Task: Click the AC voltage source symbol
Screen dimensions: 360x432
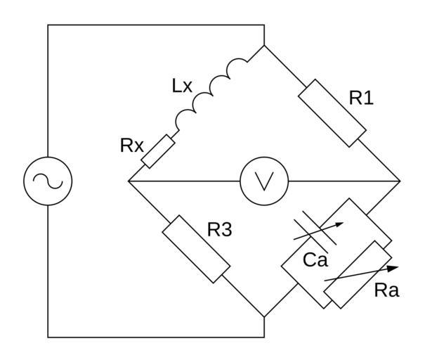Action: coord(48,181)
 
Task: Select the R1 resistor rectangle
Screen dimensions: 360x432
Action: coord(334,112)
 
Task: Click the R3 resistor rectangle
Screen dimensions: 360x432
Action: coord(196,250)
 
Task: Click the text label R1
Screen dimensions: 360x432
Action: coord(361,98)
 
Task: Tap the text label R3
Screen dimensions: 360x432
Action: coord(219,230)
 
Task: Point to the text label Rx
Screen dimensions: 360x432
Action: coord(132,147)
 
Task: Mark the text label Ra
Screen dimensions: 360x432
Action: coord(386,290)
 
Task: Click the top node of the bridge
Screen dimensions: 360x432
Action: coord(265,46)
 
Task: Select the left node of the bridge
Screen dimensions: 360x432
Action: coord(129,181)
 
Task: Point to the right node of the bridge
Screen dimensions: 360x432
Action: coord(400,181)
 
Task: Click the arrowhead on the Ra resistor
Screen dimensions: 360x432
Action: coord(394,267)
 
